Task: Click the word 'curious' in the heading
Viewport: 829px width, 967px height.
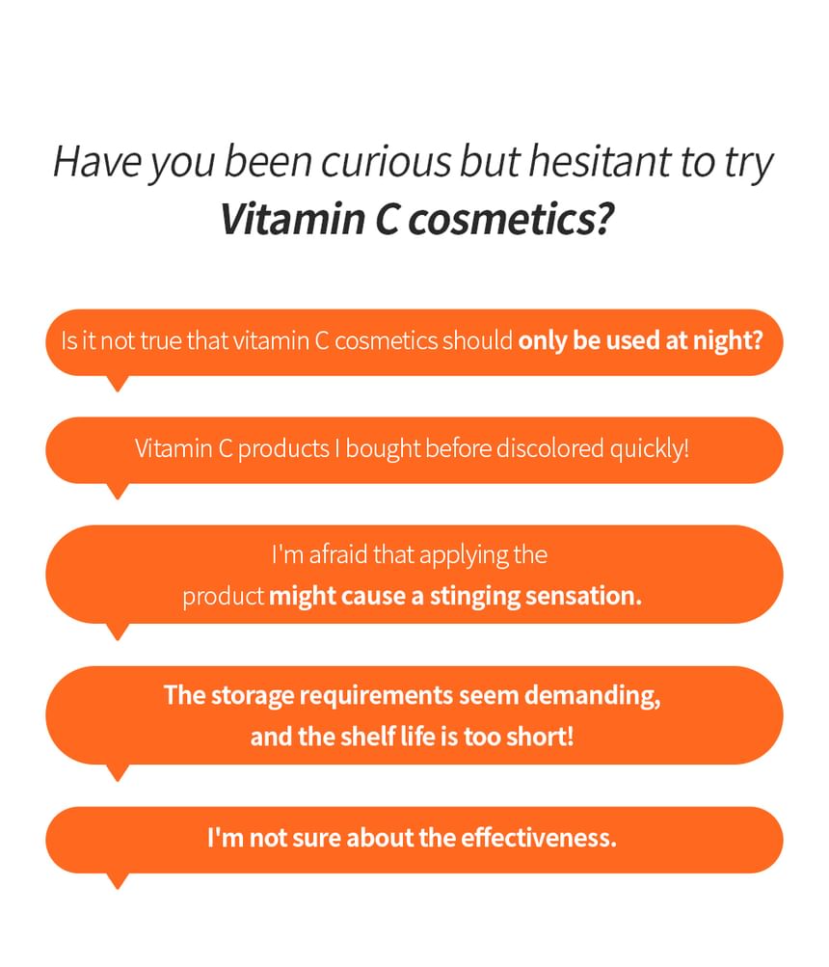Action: (387, 162)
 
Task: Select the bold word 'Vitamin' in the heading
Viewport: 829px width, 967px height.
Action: (293, 219)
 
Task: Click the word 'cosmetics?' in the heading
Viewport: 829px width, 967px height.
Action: (511, 220)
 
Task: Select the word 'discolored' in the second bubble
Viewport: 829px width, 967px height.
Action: (550, 448)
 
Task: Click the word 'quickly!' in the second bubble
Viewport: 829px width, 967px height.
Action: (650, 449)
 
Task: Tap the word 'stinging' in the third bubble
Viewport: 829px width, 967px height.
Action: (475, 597)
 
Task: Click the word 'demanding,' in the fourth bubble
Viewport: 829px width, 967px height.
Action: (593, 696)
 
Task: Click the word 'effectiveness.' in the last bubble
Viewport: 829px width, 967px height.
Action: (539, 838)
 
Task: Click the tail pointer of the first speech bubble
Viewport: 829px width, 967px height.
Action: (118, 383)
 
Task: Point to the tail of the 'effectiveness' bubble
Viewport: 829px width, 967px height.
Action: (118, 880)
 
